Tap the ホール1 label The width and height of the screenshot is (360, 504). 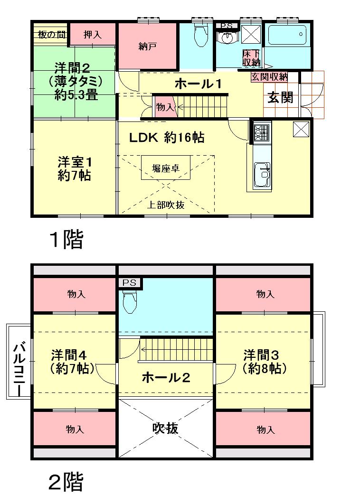[x=199, y=84]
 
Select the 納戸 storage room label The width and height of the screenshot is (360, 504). [x=148, y=46]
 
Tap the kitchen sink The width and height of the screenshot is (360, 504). [x=262, y=174]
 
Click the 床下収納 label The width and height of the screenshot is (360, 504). [x=252, y=57]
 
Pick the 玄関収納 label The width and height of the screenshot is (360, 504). [x=269, y=76]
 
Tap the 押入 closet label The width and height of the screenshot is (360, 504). [x=92, y=34]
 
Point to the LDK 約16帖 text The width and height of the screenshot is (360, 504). [x=167, y=138]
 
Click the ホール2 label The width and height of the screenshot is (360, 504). [x=166, y=378]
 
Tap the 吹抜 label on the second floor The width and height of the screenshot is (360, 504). [x=165, y=428]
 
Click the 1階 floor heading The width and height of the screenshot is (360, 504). [x=66, y=240]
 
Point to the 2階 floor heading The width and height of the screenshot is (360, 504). [x=66, y=482]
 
